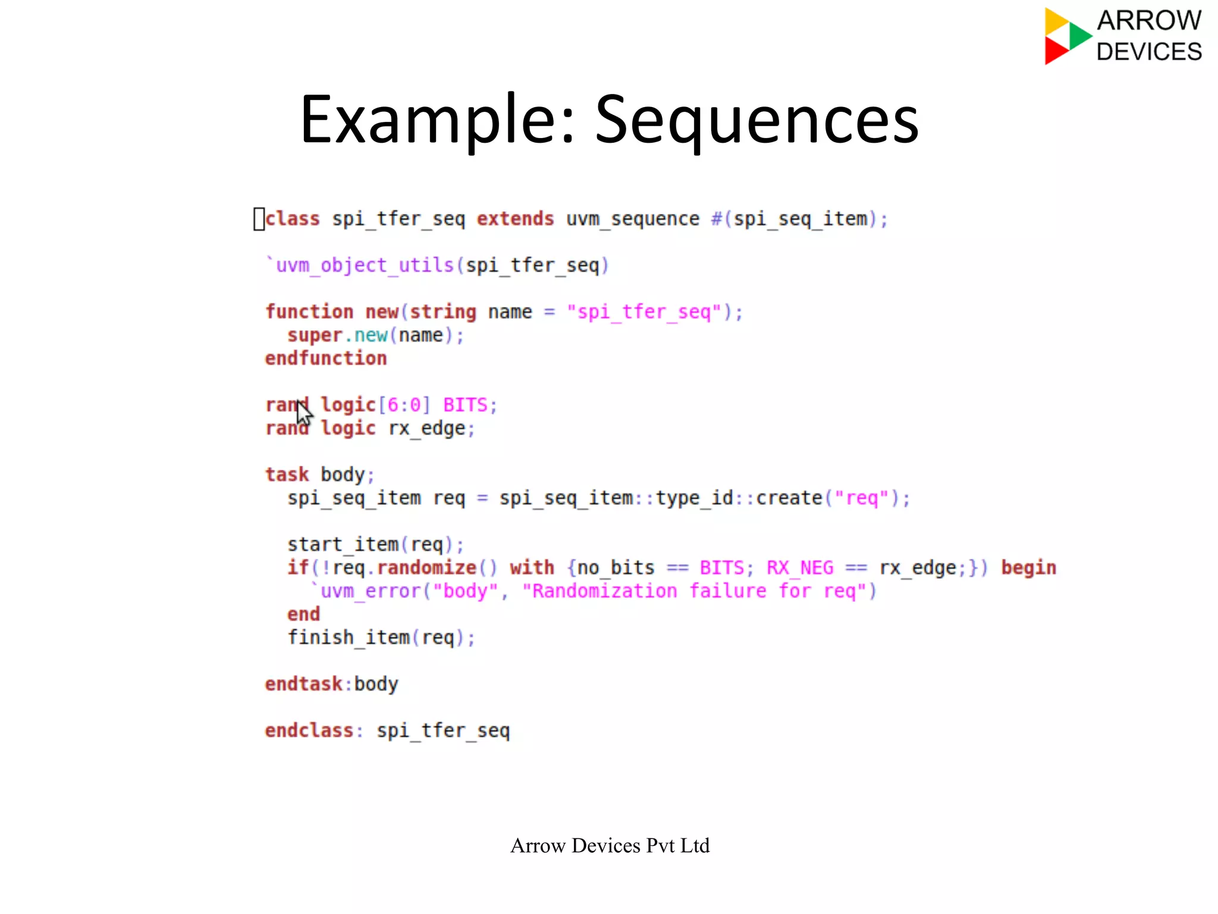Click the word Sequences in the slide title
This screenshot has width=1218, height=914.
pos(756,121)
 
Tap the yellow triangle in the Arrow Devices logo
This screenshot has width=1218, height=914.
pos(1056,21)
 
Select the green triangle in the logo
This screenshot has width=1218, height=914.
pos(1079,36)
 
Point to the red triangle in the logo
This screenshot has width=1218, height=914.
pos(1055,51)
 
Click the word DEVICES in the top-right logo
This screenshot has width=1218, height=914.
pos(1149,52)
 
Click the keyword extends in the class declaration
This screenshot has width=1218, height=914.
pos(515,219)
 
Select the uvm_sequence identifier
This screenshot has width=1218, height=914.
pos(632,219)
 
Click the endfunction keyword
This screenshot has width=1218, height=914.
pos(326,358)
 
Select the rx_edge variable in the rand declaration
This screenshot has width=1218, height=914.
pos(427,428)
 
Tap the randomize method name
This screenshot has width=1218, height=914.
pos(426,567)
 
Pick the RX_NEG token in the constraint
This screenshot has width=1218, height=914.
pos(800,567)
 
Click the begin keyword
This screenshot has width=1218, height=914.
pos(1028,567)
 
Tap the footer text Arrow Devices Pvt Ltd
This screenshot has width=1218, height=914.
pos(610,846)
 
